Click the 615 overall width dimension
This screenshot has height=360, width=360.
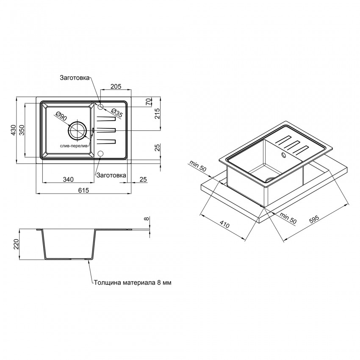83,190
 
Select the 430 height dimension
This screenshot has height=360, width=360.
14,130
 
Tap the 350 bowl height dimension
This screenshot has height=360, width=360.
22,130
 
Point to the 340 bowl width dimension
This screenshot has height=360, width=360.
68,179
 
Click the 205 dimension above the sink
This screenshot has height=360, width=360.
116,86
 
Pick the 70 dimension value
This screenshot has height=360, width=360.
149,101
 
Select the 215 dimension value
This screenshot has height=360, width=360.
157,114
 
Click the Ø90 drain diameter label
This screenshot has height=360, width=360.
61,116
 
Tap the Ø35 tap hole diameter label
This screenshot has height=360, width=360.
117,112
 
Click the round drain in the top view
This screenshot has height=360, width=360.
78,130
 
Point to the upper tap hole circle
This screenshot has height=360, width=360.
100,106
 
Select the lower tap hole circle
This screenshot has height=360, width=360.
100,153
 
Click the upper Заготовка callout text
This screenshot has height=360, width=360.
75,78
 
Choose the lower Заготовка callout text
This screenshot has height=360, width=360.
111,175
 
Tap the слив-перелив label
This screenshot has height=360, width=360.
75,146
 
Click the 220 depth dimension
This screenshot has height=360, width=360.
16,244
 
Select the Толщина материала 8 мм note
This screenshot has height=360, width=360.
133,282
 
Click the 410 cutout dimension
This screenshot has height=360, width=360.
224,224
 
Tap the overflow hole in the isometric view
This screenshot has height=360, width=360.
284,155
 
